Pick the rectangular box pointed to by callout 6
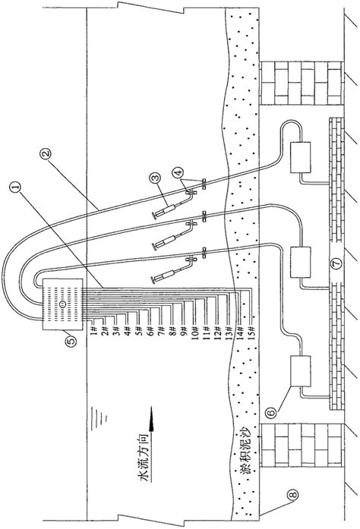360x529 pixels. coord(302,373)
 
